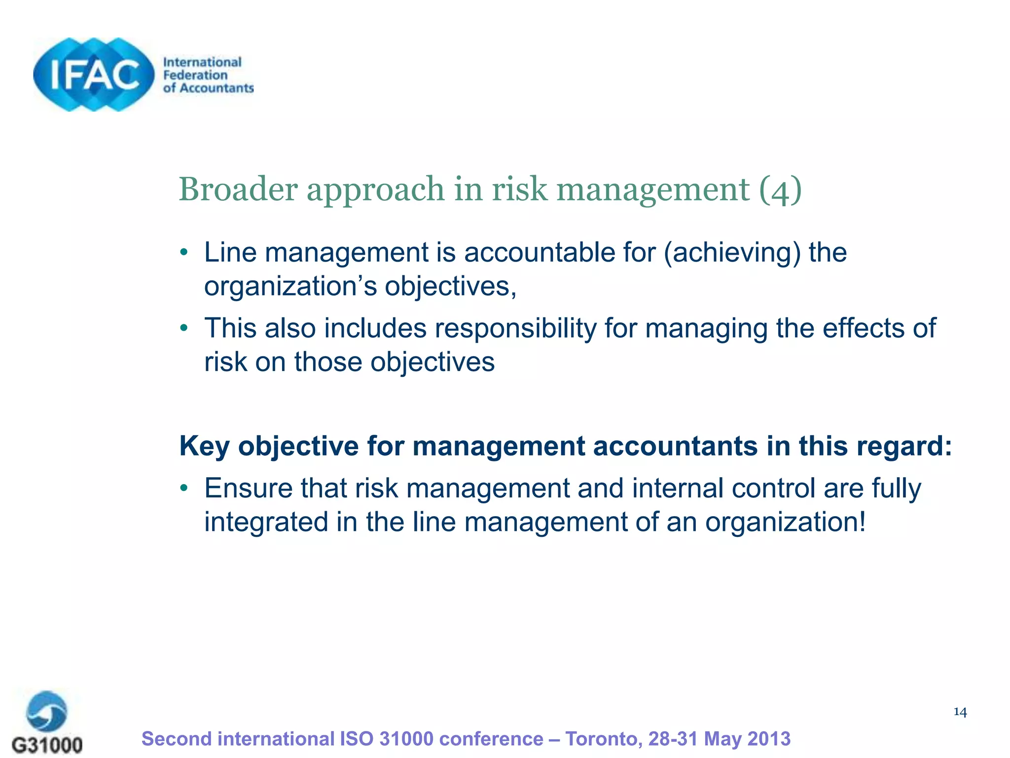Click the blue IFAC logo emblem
tap(94, 75)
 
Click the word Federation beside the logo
tap(195, 75)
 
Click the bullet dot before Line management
tap(184, 253)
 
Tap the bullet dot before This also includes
tap(184, 328)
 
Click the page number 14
tap(960, 712)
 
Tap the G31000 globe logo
tap(46, 712)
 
